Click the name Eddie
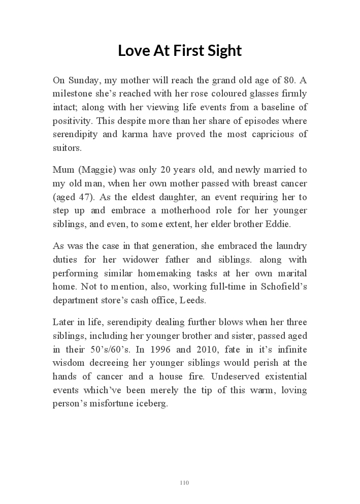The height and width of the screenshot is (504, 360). [x=295, y=224]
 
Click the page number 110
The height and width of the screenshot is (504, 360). [x=184, y=482]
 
